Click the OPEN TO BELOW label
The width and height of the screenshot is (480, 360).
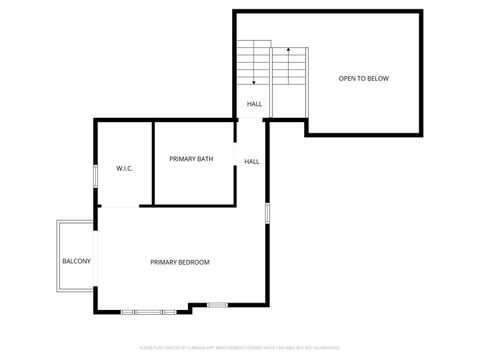coord(363,78)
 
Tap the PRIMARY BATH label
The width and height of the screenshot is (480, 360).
coord(190,159)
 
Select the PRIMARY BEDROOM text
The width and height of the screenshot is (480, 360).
coord(180,262)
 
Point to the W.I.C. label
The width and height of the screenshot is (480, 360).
coord(125,168)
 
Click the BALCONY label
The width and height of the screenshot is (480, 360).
coord(77,261)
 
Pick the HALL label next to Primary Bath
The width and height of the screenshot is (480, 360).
coord(252,161)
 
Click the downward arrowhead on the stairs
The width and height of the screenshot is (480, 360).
coord(254,82)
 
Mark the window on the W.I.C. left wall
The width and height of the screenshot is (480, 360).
coord(96,175)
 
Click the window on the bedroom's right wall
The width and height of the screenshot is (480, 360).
coord(268,213)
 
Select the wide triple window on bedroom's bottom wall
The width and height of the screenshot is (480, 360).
coord(149,312)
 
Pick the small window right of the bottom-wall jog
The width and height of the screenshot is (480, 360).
coord(217,304)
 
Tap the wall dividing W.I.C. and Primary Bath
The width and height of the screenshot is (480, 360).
coord(152,160)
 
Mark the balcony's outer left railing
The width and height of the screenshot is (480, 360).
coord(58,255)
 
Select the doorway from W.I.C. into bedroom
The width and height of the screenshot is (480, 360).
coord(120,206)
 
